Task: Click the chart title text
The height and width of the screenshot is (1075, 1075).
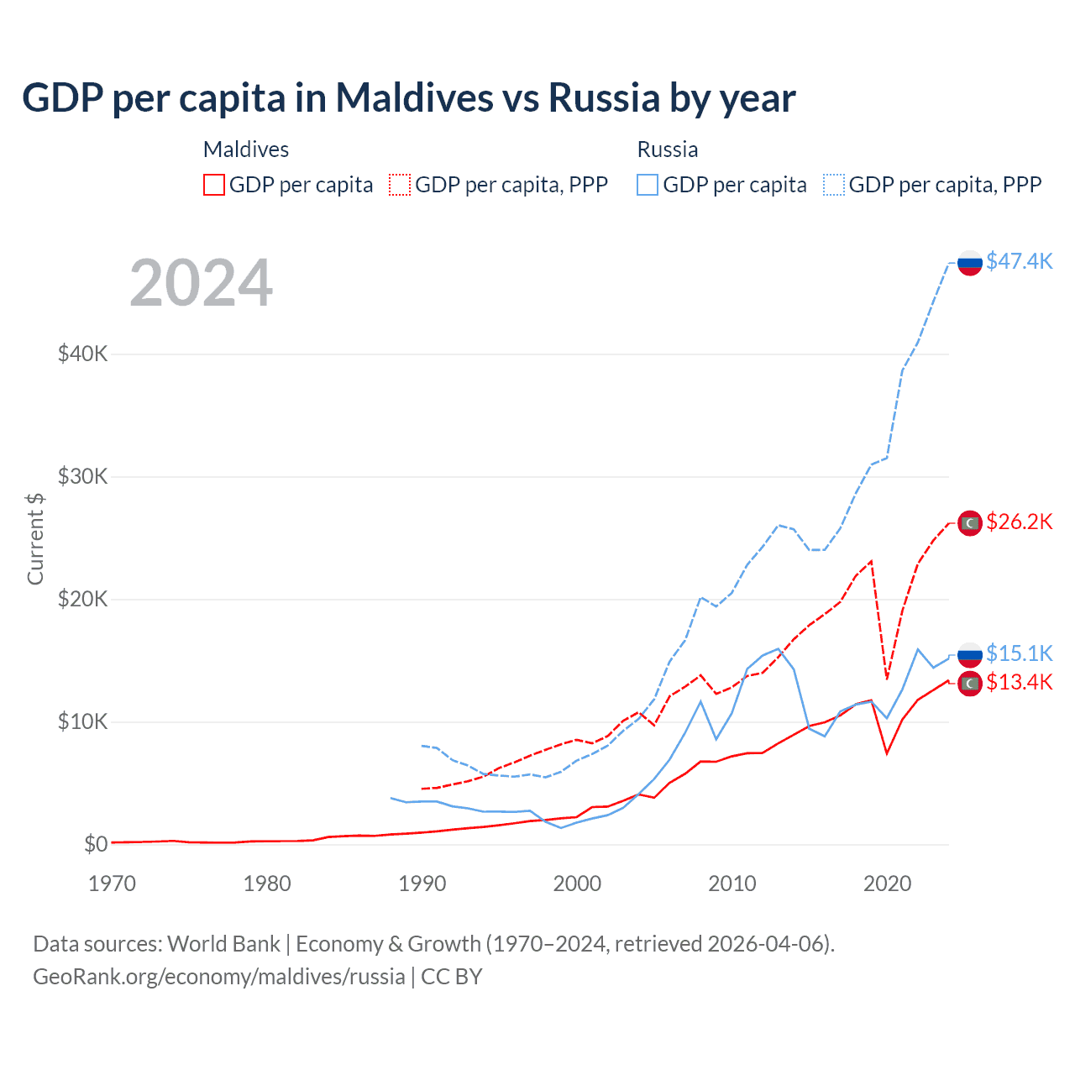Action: [x=409, y=98]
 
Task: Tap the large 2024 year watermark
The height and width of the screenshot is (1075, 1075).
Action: [x=202, y=283]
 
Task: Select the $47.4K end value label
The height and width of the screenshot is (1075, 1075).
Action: [x=1019, y=261]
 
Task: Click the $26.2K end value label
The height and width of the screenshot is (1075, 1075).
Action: [x=1019, y=522]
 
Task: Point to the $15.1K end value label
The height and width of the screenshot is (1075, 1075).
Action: [x=1019, y=653]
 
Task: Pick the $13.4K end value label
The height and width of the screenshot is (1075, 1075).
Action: [x=1019, y=682]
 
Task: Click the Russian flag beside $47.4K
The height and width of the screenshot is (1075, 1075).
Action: [x=970, y=263]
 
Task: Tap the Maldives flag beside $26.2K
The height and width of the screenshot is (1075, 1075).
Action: [x=970, y=523]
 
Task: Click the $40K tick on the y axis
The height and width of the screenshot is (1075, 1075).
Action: [x=82, y=354]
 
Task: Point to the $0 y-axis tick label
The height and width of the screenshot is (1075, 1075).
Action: [x=96, y=844]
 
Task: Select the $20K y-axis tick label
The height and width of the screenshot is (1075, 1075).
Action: [x=82, y=599]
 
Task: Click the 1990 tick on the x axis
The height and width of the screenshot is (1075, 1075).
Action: [x=422, y=884]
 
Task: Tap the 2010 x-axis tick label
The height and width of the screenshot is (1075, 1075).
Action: [x=732, y=884]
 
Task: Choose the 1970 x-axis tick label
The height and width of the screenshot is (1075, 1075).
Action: [x=113, y=884]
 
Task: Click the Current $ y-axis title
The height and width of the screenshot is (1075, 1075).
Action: [x=35, y=538]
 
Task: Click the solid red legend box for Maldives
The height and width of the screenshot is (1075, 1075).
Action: [x=214, y=185]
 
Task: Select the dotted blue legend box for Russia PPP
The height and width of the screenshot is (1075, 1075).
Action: [x=834, y=185]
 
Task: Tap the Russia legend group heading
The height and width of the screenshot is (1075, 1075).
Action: [x=668, y=149]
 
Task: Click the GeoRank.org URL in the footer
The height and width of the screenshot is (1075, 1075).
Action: [x=219, y=977]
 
